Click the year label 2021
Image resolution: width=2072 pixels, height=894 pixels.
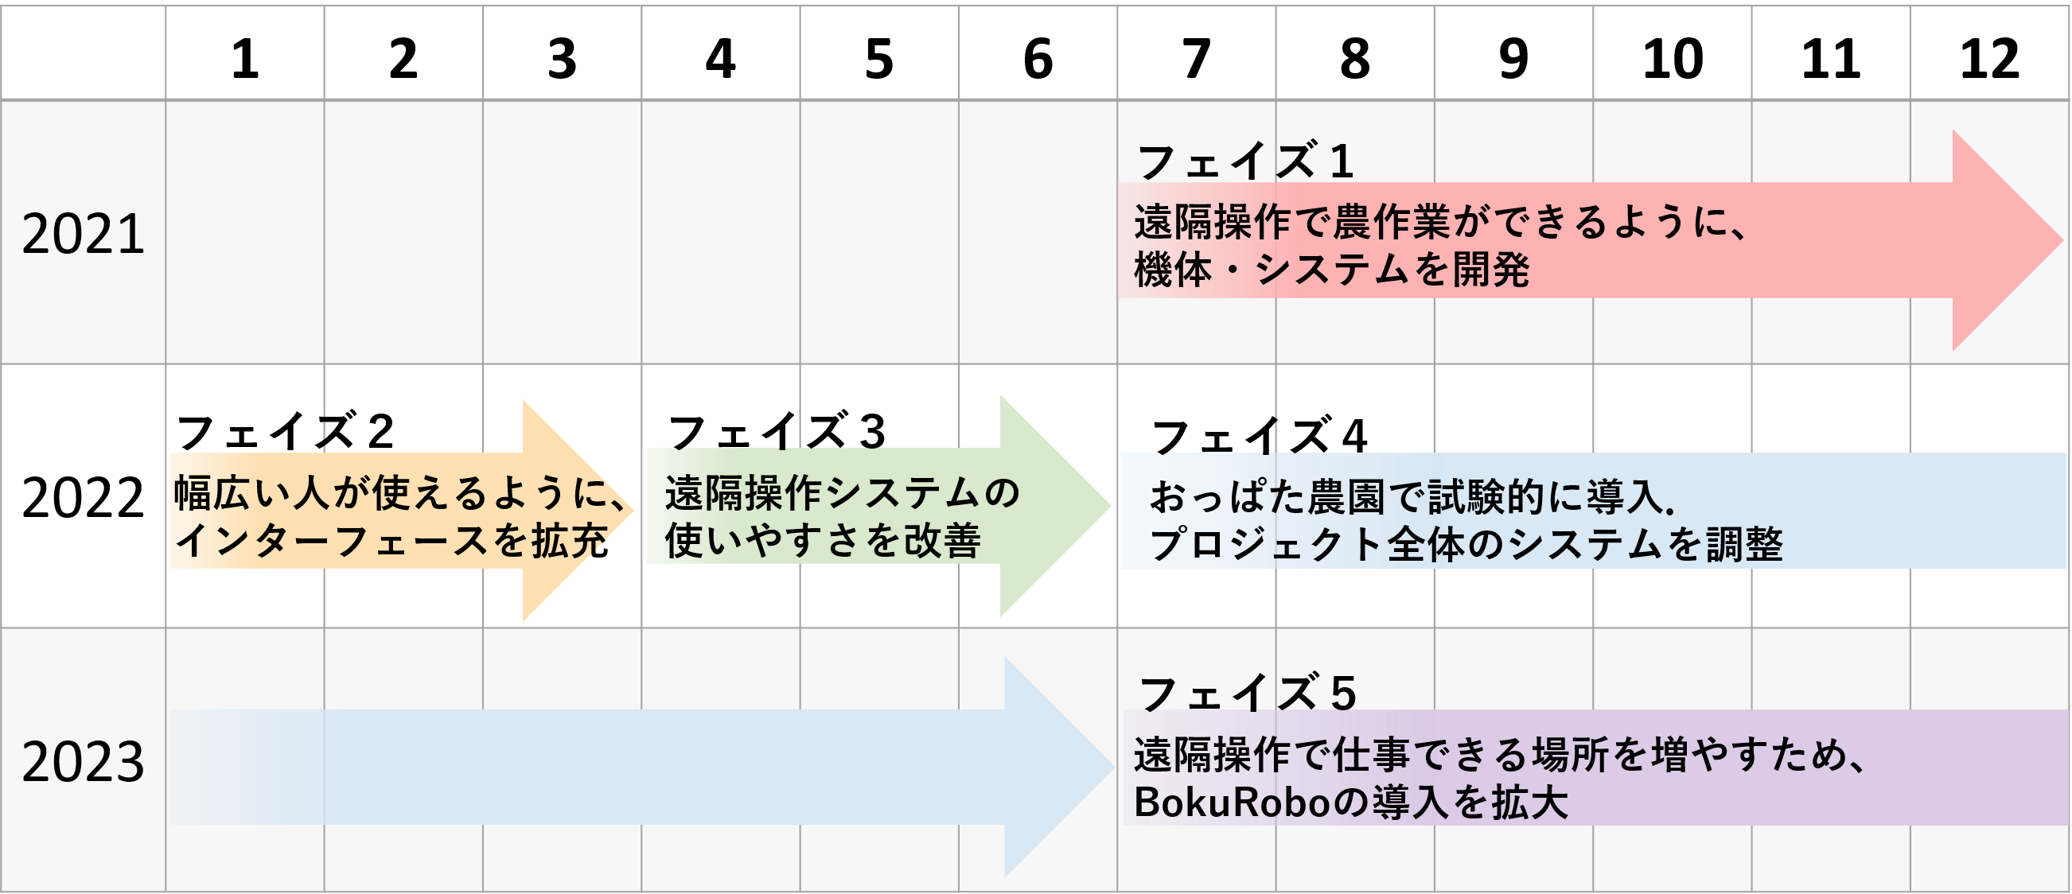click(83, 234)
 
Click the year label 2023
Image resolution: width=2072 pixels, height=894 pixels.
click(83, 761)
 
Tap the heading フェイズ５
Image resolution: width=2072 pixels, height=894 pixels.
click(1248, 692)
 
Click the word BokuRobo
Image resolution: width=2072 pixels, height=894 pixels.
click(1232, 802)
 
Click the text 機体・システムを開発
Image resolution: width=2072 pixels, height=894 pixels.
click(1331, 270)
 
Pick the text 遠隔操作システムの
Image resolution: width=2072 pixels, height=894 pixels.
click(841, 493)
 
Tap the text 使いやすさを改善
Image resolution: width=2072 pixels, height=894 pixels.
click(822, 540)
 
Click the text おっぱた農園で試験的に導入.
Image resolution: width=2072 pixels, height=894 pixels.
click(1411, 497)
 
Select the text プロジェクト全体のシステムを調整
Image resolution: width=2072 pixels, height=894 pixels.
click(1466, 544)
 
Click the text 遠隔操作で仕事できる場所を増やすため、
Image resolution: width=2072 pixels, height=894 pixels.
click(1500, 755)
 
